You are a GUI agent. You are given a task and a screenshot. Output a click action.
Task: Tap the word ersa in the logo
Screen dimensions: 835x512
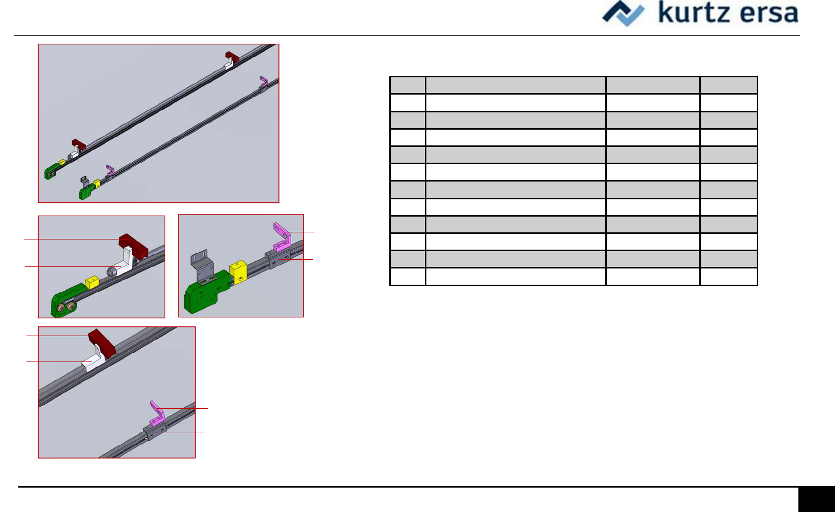click(768, 13)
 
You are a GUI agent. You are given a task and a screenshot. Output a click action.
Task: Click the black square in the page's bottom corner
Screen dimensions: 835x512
click(816, 499)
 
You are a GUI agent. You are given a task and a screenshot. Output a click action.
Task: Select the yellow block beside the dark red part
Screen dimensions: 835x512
click(91, 282)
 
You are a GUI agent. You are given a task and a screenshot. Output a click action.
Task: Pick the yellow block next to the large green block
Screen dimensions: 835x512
click(238, 272)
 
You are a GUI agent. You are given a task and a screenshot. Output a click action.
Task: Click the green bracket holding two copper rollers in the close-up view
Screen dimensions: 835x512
click(68, 300)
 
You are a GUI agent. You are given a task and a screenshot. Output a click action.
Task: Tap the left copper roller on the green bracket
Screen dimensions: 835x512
click(61, 309)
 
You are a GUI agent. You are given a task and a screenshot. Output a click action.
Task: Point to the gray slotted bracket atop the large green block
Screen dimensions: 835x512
click(202, 265)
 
